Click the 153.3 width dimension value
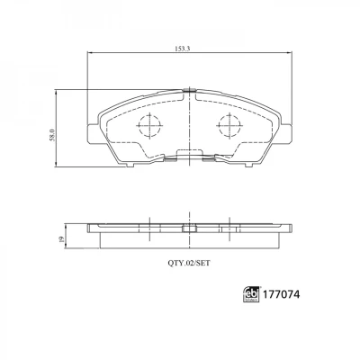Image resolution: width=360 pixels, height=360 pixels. coord(183,49)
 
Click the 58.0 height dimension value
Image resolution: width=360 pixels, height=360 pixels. coord(53,135)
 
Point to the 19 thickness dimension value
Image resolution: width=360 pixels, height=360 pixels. coord(61,239)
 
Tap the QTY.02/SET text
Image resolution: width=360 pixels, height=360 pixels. coord(189,264)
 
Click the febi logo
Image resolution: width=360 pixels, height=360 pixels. coord(251,294)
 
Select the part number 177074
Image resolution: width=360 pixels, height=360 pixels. coord(281,294)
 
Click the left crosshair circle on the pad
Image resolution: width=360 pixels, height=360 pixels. coord(149,126)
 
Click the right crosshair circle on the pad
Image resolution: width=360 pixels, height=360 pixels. coord(229,126)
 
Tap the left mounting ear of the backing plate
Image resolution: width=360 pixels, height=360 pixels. coord(92,133)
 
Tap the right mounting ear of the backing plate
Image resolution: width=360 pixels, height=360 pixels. coord(286,133)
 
